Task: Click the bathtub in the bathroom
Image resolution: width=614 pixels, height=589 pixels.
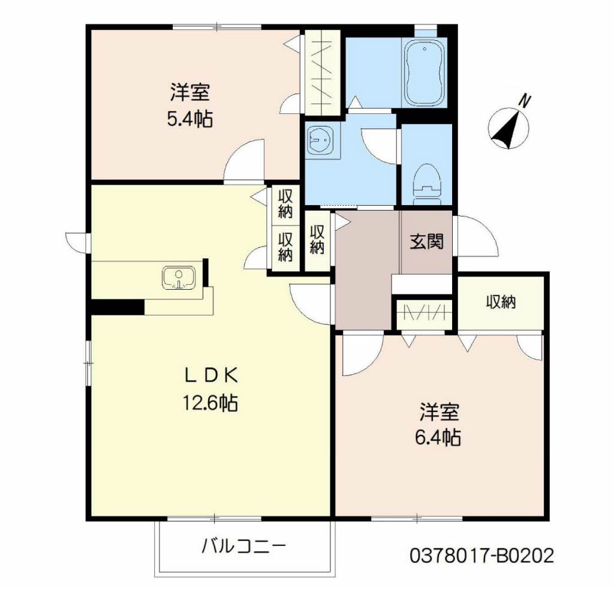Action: [425, 73]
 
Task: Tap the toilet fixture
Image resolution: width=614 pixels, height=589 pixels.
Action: [427, 182]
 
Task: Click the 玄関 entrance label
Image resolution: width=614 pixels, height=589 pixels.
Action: [427, 241]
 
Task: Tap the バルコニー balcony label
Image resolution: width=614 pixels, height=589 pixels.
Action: [243, 546]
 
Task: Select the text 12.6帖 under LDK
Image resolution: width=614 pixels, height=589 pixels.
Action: [210, 402]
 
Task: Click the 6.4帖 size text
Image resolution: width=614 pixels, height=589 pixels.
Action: [438, 437]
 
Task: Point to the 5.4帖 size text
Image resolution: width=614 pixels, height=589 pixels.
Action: [190, 118]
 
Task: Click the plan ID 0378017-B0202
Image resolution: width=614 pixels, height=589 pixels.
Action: [482, 555]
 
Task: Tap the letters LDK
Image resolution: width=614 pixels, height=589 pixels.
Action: [210, 376]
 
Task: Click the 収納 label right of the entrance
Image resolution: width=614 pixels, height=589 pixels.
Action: [501, 302]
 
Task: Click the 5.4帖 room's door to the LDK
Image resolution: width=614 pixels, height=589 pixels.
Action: [243, 161]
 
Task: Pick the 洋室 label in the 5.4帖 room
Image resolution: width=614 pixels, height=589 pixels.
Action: [190, 92]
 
